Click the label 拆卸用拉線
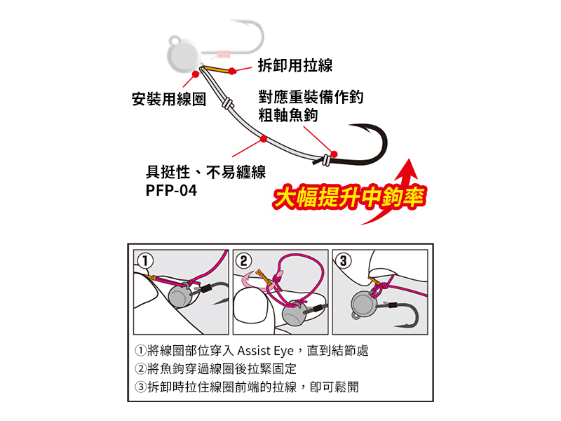click(x=295, y=65)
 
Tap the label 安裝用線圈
click(x=169, y=99)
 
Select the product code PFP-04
click(x=171, y=190)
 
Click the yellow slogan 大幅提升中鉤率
click(x=349, y=197)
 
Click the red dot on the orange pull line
click(x=232, y=71)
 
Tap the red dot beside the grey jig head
click(x=196, y=74)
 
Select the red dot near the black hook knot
click(x=334, y=154)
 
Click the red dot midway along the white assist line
click(x=264, y=139)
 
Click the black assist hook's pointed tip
click(x=350, y=126)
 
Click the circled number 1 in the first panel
click(x=145, y=260)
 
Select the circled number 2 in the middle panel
click(x=243, y=260)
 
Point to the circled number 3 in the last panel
click(x=343, y=260)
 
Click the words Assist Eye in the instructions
click(x=265, y=350)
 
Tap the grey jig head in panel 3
click(x=364, y=305)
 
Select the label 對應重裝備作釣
click(x=311, y=97)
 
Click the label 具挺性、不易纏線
click(x=205, y=172)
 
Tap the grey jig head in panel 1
click(x=182, y=296)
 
